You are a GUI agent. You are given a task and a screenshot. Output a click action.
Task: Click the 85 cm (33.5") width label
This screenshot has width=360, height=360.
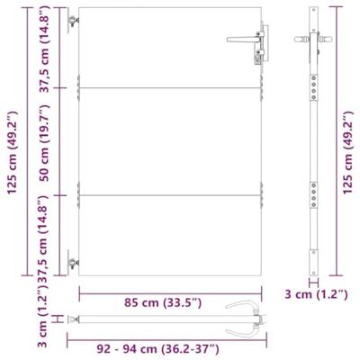[x=169, y=301]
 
